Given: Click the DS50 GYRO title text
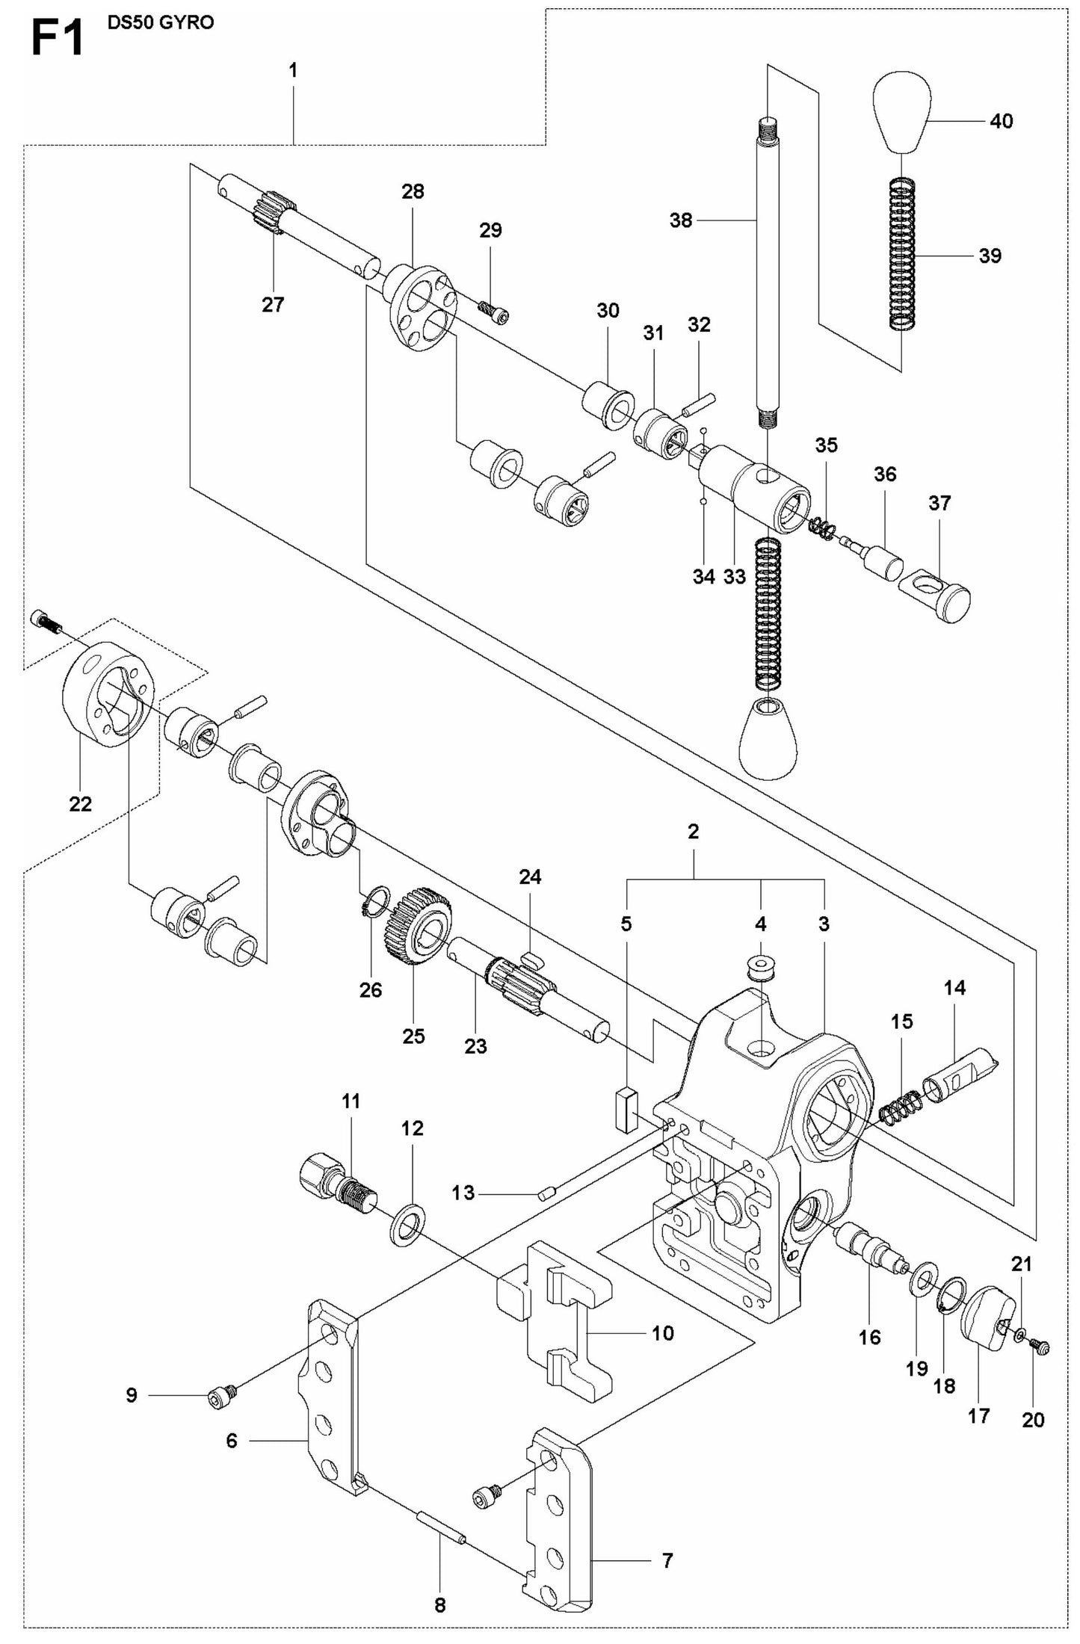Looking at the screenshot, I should pos(160,22).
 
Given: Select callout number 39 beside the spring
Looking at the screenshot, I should pos(990,256).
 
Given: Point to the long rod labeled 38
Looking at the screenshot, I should pos(768,269).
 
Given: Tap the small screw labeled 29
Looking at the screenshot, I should pos(494,310).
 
